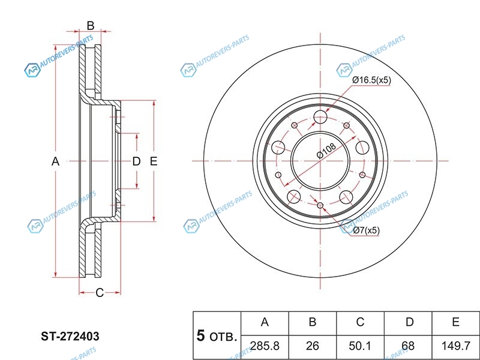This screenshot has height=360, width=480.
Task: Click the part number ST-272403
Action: pyautogui.click(x=70, y=337)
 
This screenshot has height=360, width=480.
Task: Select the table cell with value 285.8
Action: pyautogui.click(x=265, y=346)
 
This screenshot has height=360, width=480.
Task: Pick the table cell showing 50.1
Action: pyautogui.click(x=360, y=346)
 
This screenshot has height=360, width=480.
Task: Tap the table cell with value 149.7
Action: pyautogui.click(x=455, y=346)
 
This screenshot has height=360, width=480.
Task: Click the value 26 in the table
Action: pyautogui.click(x=312, y=346)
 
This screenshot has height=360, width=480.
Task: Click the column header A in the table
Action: pyautogui.click(x=265, y=322)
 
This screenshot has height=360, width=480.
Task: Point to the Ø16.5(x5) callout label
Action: pyautogui.click(x=371, y=80)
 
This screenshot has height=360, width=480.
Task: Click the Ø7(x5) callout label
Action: pyautogui.click(x=366, y=230)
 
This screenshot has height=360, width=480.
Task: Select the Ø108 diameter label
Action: pyautogui.click(x=326, y=151)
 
